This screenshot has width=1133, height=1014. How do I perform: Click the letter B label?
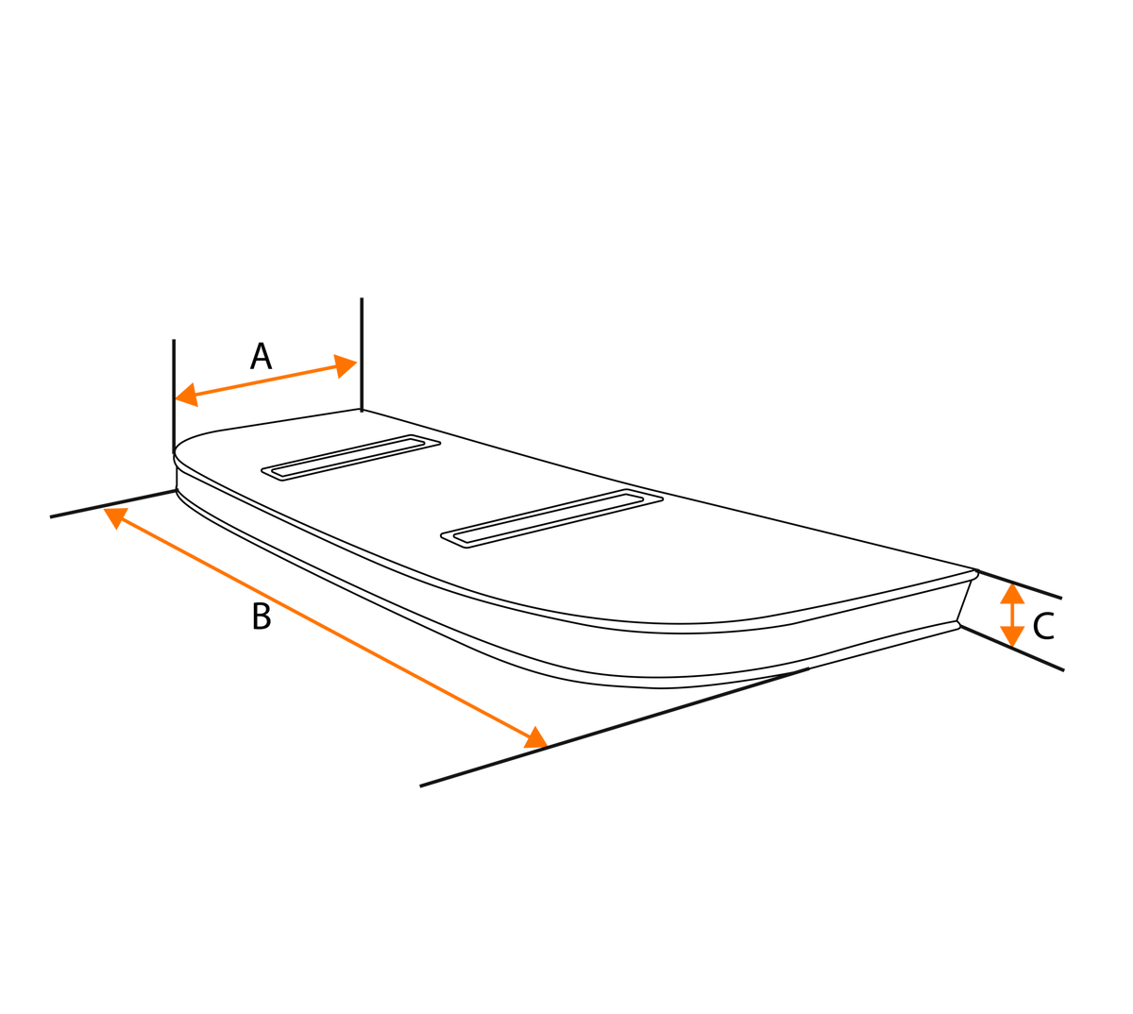tap(262, 617)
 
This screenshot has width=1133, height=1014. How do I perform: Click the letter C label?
tap(1043, 626)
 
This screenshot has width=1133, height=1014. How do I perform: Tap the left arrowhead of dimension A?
tap(187, 395)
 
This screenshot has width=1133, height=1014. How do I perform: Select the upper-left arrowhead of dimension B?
tap(116, 517)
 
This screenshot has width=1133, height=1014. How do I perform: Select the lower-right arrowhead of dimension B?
tap(535, 739)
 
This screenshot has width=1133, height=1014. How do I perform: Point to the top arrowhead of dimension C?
tap(1012, 594)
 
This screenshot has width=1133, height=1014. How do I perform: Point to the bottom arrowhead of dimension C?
tap(1012, 636)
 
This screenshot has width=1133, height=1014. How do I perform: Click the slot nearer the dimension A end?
tap(350, 457)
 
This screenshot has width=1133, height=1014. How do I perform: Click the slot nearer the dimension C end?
tap(552, 518)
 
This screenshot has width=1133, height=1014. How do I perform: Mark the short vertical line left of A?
tap(174, 396)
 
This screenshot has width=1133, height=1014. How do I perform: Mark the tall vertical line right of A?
tap(362, 355)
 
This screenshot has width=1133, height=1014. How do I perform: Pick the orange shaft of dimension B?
tap(326, 628)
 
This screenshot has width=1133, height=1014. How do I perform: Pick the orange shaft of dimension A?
tap(266, 380)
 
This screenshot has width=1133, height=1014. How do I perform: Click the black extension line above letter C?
tap(1020, 584)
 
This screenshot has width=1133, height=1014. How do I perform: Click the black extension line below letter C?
tap(1012, 648)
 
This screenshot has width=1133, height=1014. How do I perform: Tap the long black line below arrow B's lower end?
tap(614, 727)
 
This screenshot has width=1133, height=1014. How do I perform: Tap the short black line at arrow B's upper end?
tap(113, 503)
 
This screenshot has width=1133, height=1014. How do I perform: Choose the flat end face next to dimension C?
tap(966, 600)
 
